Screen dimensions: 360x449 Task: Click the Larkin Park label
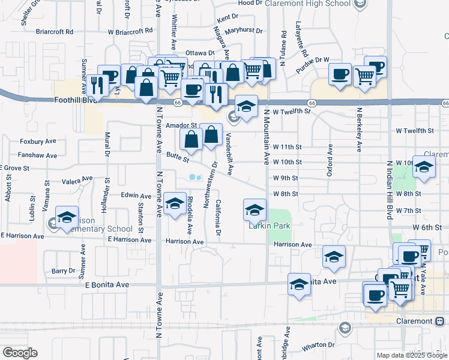pos(270,226)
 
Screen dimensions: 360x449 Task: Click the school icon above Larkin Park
pos(255,209)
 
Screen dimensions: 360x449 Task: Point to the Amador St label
pos(177,125)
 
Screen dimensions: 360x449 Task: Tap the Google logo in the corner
pos(20,353)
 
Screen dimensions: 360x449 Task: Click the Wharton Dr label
pos(318,345)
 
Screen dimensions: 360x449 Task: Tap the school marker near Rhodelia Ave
pos(175,203)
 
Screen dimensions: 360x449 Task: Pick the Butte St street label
pos(177,158)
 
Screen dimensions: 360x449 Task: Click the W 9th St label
pos(286,178)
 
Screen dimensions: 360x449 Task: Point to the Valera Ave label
pos(77,179)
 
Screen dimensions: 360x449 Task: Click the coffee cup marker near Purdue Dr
pos(340,74)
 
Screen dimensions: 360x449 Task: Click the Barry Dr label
pos(62,271)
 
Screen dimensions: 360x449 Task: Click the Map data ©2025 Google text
pos(411,355)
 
